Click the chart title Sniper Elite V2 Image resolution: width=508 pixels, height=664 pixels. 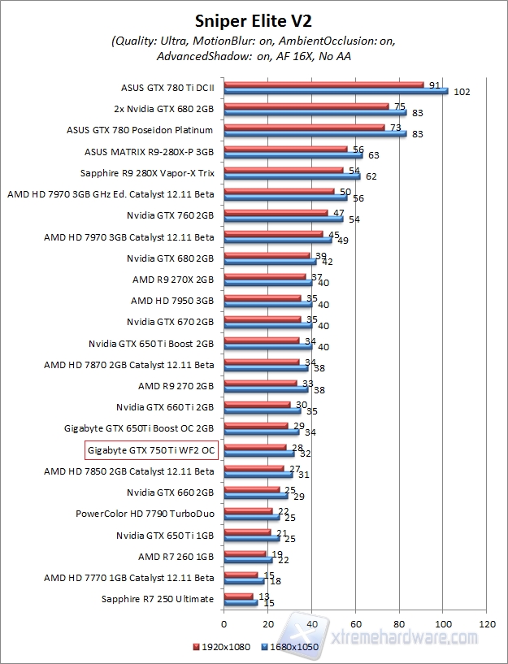(254, 19)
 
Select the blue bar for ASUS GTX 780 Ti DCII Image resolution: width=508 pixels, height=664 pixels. (336, 91)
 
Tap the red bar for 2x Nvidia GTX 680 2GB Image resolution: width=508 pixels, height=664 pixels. (306, 106)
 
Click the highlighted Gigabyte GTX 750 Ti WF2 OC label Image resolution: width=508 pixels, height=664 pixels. (151, 449)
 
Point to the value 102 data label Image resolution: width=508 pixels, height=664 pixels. (462, 92)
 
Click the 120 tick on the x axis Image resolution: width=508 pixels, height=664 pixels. (487, 624)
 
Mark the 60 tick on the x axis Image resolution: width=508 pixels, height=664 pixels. (355, 624)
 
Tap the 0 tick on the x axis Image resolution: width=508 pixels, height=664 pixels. (224, 624)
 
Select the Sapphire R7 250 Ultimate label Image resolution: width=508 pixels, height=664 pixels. (158, 599)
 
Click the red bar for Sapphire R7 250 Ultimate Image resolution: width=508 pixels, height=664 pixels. (239, 596)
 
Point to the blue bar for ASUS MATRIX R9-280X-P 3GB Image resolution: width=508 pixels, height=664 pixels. (293, 154)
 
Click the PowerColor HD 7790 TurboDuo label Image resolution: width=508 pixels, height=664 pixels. (145, 514)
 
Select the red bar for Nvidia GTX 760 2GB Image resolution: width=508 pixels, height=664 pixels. (276, 213)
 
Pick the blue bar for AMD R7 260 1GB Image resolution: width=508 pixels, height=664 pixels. (248, 559)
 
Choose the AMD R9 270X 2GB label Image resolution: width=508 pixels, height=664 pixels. (173, 279)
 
